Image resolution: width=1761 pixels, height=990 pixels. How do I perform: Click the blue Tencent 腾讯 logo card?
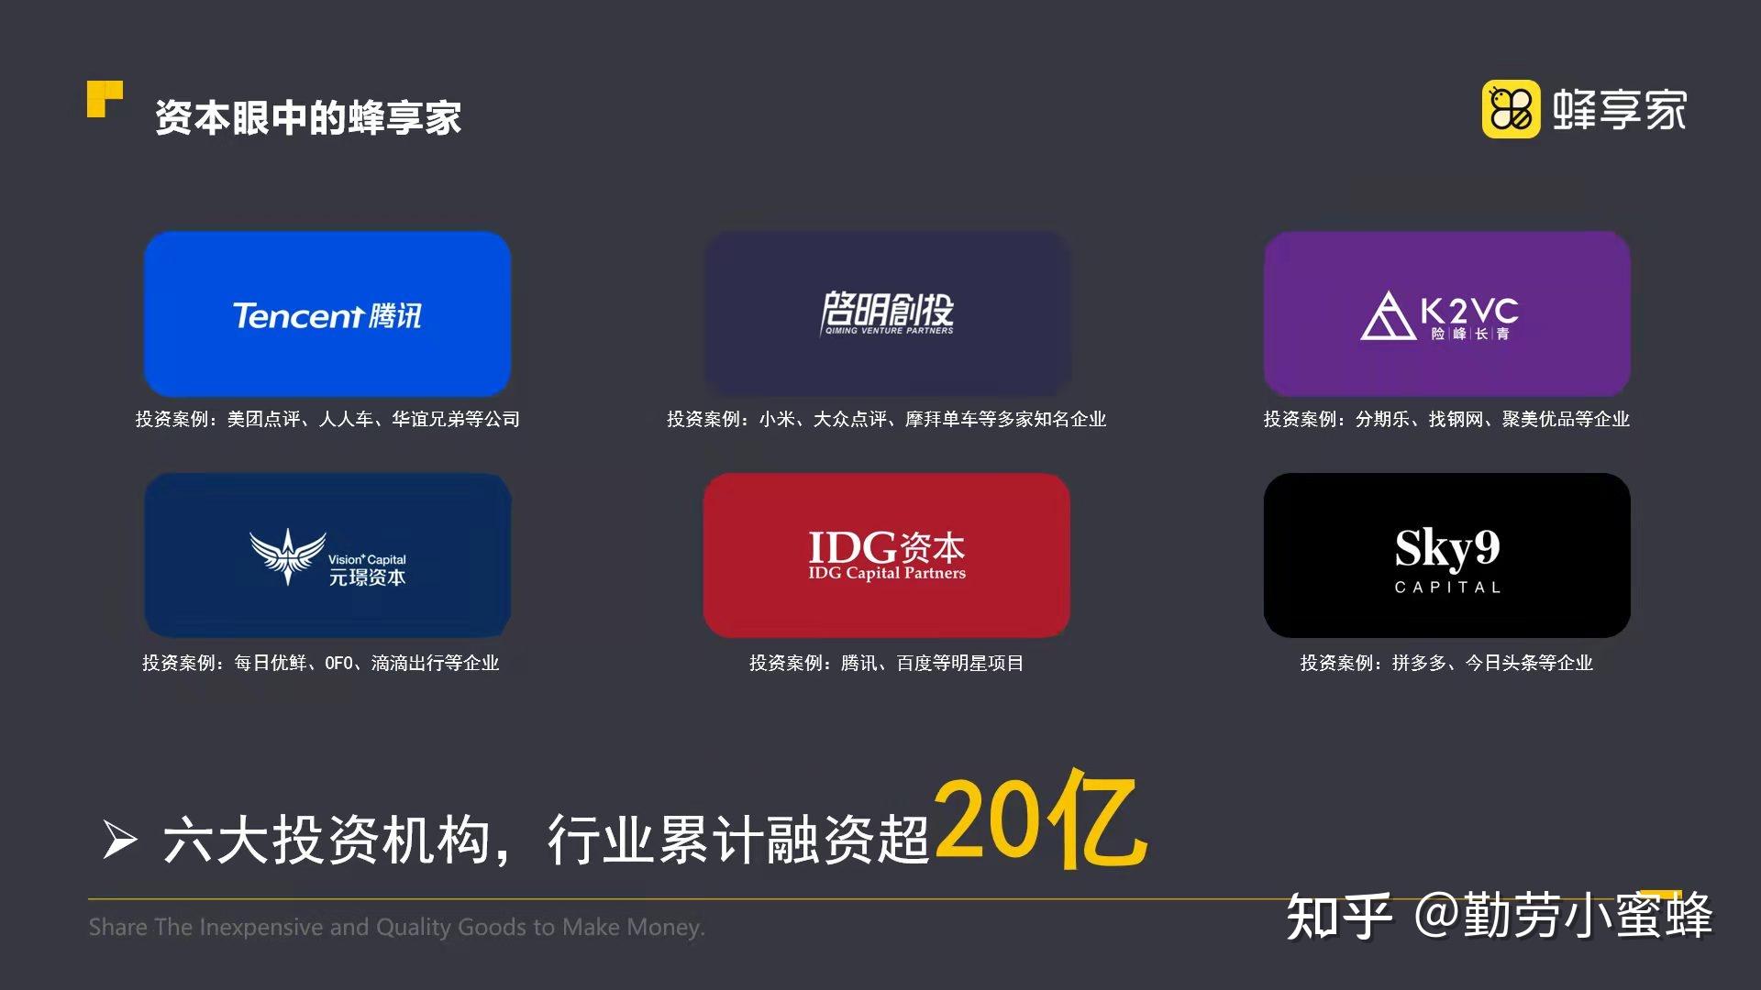(327, 313)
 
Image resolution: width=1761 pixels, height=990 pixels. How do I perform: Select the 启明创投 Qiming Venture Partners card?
(887, 313)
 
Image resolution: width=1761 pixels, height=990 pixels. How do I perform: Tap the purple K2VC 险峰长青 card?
(1446, 313)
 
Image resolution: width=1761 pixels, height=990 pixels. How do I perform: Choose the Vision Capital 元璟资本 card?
(327, 555)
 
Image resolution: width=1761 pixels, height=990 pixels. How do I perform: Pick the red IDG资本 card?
(887, 555)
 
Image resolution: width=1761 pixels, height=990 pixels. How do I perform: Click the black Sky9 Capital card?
(1446, 555)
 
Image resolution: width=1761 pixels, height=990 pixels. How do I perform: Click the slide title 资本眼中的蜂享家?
(308, 117)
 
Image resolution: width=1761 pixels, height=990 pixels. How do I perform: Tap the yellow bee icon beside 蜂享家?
(1511, 109)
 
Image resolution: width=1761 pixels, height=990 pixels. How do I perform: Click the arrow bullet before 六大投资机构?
(120, 840)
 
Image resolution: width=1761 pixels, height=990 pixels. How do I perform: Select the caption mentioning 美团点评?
(327, 419)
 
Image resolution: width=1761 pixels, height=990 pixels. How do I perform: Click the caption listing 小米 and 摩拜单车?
(886, 419)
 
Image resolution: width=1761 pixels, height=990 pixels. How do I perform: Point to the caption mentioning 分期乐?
(1446, 419)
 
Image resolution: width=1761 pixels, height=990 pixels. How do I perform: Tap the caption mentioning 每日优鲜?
(320, 662)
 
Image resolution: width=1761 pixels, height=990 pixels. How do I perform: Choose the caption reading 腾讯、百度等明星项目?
(886, 662)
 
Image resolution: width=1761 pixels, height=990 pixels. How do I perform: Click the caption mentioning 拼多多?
(1446, 662)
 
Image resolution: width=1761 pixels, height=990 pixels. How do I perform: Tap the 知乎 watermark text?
(1339, 916)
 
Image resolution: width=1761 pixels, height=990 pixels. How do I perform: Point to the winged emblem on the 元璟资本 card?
(287, 555)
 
